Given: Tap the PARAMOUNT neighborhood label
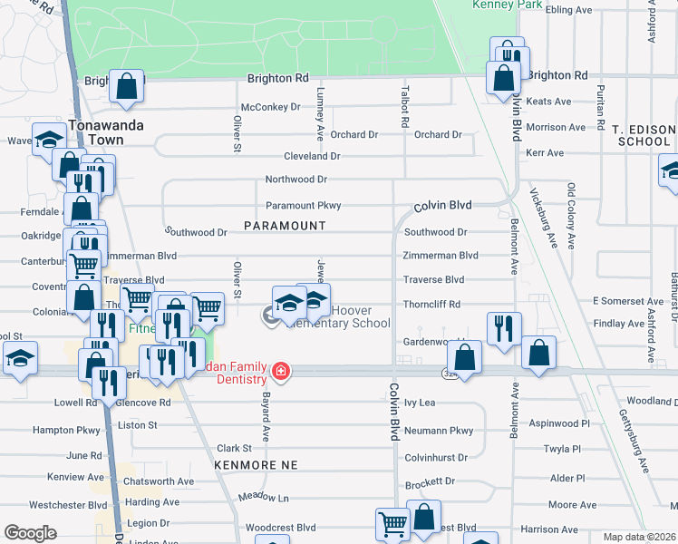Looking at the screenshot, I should pyautogui.click(x=285, y=225).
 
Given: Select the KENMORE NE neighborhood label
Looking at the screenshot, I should pyautogui.click(x=257, y=464).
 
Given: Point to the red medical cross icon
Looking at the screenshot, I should pyautogui.click(x=281, y=372).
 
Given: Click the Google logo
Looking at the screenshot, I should pyautogui.click(x=30, y=532).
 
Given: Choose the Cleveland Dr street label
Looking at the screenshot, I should pyautogui.click(x=311, y=156).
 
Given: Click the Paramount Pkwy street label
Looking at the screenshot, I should pyautogui.click(x=303, y=206).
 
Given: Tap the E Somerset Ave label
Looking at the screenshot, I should pyautogui.click(x=627, y=301).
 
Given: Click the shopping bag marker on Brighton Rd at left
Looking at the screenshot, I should pyautogui.click(x=127, y=86).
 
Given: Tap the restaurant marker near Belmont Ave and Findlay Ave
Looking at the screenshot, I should pyautogui.click(x=504, y=328).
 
